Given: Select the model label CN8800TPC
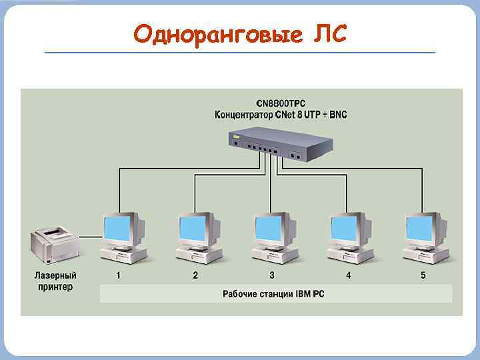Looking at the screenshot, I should click(281, 104).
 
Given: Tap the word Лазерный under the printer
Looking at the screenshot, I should click(55, 275).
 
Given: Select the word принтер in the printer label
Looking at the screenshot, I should click(55, 287).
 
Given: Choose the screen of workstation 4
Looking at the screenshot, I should click(346, 229).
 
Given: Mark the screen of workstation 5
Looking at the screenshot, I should click(421, 229).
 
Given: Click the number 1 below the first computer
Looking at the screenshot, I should click(118, 275).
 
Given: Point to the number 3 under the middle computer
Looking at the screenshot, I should click(271, 275).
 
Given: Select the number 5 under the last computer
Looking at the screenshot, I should click(423, 275).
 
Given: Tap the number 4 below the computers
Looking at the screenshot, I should click(347, 275).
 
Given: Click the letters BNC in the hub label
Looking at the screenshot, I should click(338, 115).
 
